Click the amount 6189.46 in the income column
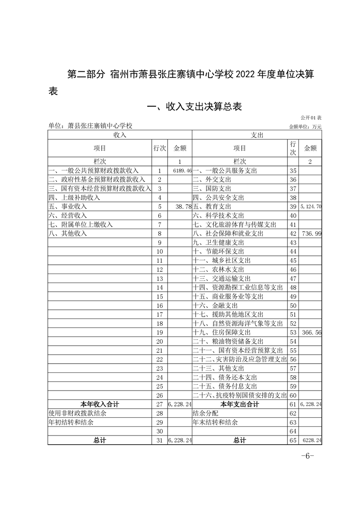[182, 171]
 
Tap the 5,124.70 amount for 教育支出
[311, 206]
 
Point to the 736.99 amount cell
[311, 233]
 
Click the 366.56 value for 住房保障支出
[311, 332]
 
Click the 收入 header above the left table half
[120, 135]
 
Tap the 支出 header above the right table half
[257, 135]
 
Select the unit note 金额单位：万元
[305, 127]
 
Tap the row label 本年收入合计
[100, 404]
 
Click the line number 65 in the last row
[293, 440]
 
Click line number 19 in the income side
[159, 332]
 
